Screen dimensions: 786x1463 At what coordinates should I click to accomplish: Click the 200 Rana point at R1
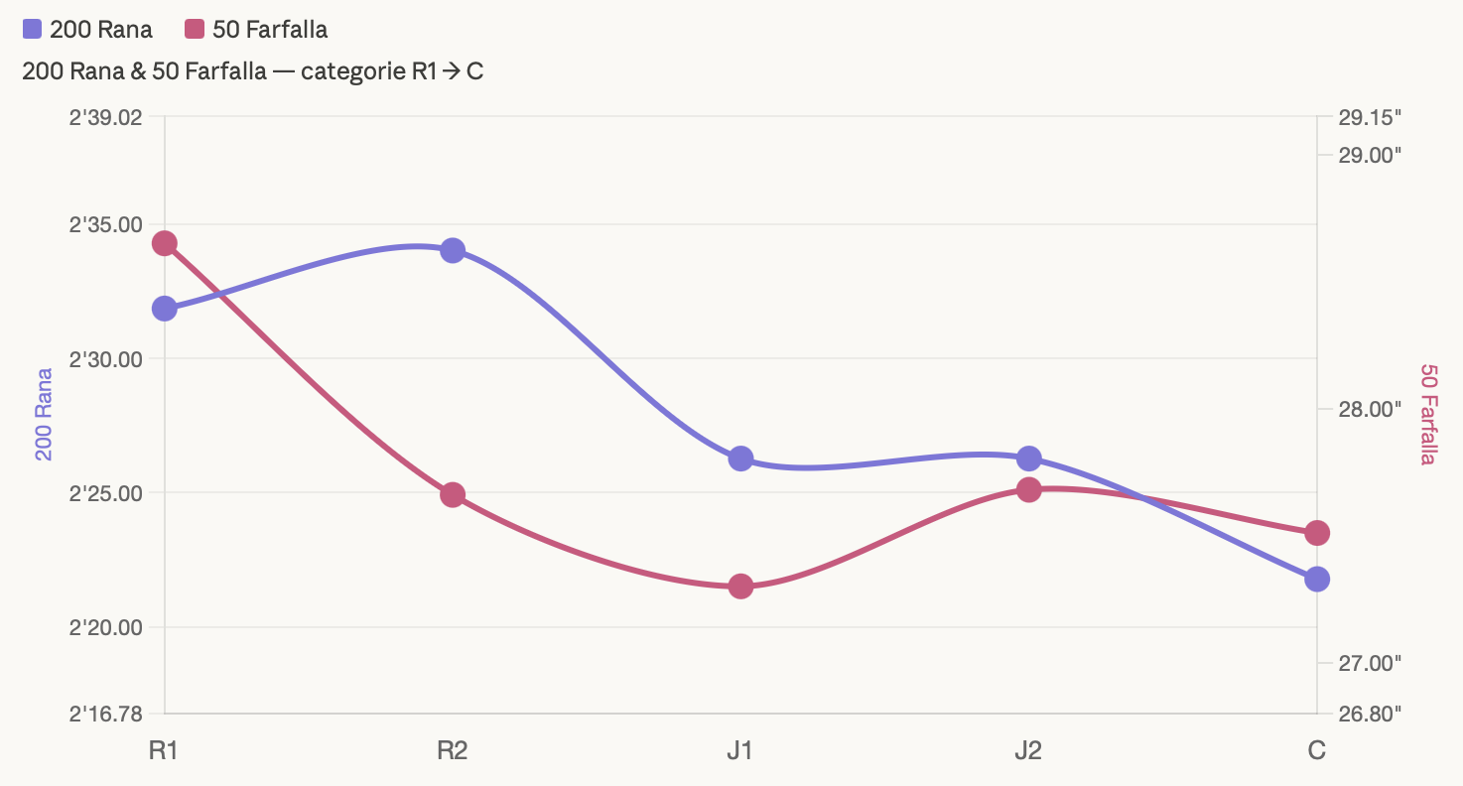pyautogui.click(x=165, y=308)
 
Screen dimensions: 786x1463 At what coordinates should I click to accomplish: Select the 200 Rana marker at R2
pyautogui.click(x=453, y=250)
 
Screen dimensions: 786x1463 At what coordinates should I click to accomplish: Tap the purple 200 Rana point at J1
pyautogui.click(x=740, y=458)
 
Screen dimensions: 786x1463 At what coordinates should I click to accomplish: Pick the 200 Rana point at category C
pyautogui.click(x=1317, y=579)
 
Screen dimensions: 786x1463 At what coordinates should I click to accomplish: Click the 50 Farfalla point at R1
pyautogui.click(x=165, y=243)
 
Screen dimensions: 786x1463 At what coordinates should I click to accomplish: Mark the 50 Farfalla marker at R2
pyautogui.click(x=453, y=494)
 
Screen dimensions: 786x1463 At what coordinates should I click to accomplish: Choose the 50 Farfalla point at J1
pyautogui.click(x=740, y=586)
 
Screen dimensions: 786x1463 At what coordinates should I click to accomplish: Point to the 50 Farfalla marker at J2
pyautogui.click(x=1029, y=489)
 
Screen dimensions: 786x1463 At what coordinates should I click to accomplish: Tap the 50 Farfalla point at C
pyautogui.click(x=1317, y=533)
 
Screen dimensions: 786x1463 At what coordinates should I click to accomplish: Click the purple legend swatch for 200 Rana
pyautogui.click(x=32, y=30)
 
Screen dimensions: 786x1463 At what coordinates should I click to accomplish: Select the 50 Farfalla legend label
pyautogui.click(x=270, y=30)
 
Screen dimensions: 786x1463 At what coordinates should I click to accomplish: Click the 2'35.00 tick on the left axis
pyautogui.click(x=105, y=224)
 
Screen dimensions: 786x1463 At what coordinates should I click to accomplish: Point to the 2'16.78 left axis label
pyautogui.click(x=105, y=713)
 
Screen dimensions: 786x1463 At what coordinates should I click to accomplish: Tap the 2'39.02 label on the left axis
pyautogui.click(x=105, y=117)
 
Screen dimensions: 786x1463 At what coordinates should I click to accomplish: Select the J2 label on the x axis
pyautogui.click(x=1028, y=750)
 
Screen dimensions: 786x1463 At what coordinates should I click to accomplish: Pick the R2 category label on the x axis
pyautogui.click(x=453, y=750)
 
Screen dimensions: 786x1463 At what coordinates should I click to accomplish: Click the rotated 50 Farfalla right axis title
pyautogui.click(x=1428, y=415)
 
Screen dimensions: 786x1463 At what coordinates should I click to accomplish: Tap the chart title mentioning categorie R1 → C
pyautogui.click(x=253, y=71)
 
